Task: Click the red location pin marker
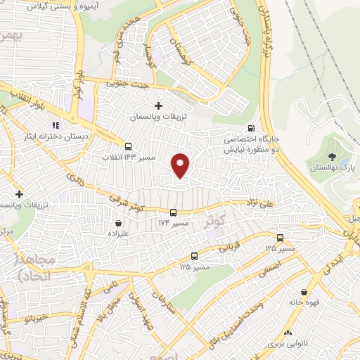[181, 165]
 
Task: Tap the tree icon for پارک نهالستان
[332, 157]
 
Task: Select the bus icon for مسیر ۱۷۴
[174, 212]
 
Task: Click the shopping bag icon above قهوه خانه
[304, 292]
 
